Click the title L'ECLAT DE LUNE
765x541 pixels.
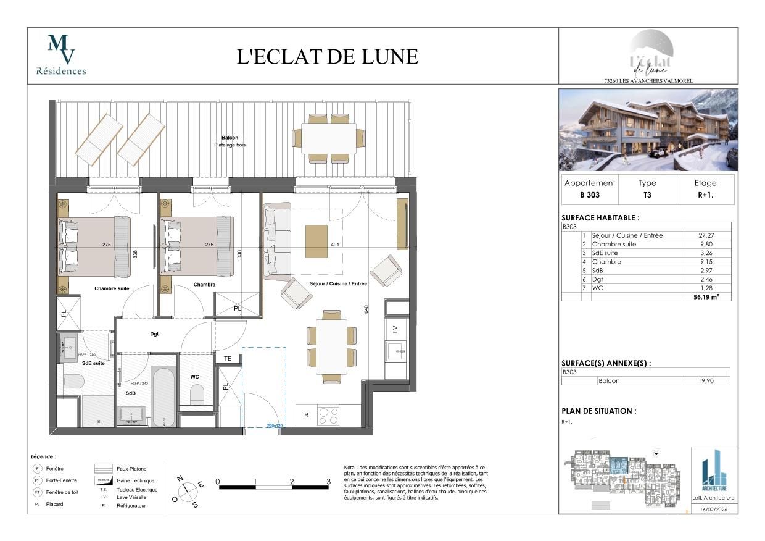point(328,56)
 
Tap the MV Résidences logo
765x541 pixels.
point(61,55)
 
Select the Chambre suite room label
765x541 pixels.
point(112,288)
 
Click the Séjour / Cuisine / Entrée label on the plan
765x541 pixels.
point(338,284)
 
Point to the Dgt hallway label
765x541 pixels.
point(155,334)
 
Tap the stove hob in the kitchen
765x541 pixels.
point(328,415)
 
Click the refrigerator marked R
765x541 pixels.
point(306,415)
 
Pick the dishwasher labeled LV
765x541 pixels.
point(395,329)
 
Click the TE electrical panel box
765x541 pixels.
point(227,358)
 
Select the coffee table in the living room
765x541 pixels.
point(316,241)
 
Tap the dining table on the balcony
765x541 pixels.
point(328,138)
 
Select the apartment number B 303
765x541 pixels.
point(590,195)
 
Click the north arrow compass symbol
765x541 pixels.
point(188,491)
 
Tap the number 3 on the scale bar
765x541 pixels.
point(328,481)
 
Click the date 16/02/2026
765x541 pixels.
point(714,510)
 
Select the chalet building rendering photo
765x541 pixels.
point(648,130)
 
